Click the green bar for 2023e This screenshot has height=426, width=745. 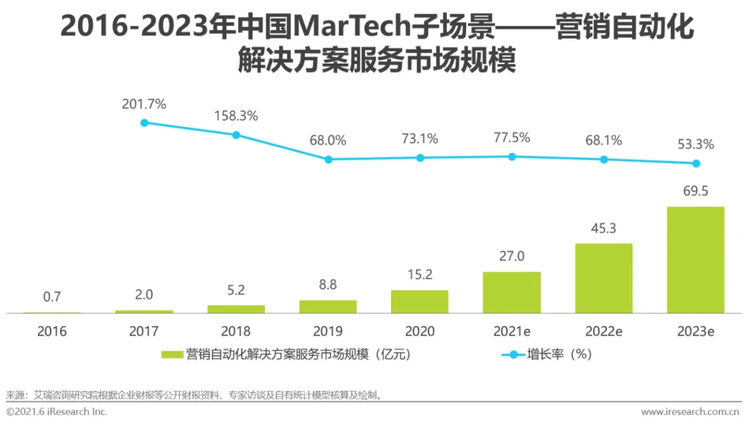(x=695, y=260)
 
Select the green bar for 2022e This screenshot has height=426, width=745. (x=604, y=278)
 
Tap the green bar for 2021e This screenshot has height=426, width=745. (x=511, y=293)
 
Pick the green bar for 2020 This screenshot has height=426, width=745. (x=419, y=302)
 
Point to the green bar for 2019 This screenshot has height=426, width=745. (x=328, y=307)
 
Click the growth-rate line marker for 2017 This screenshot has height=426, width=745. (x=144, y=123)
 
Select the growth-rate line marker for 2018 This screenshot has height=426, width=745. (x=236, y=135)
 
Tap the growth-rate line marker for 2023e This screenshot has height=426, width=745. (x=696, y=164)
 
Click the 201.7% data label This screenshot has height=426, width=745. (x=144, y=104)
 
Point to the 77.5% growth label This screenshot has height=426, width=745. (x=511, y=137)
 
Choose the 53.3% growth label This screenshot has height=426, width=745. (x=695, y=144)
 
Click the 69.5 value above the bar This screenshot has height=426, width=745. (x=695, y=191)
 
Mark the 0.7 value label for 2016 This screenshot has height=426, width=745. (x=52, y=297)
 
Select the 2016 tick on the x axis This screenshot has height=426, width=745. (x=52, y=331)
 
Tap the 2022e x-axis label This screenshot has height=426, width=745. (x=604, y=331)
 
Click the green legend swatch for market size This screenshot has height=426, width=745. (x=172, y=355)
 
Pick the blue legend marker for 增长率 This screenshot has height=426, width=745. (x=512, y=355)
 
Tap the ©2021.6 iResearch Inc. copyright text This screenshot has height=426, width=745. (x=57, y=412)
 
